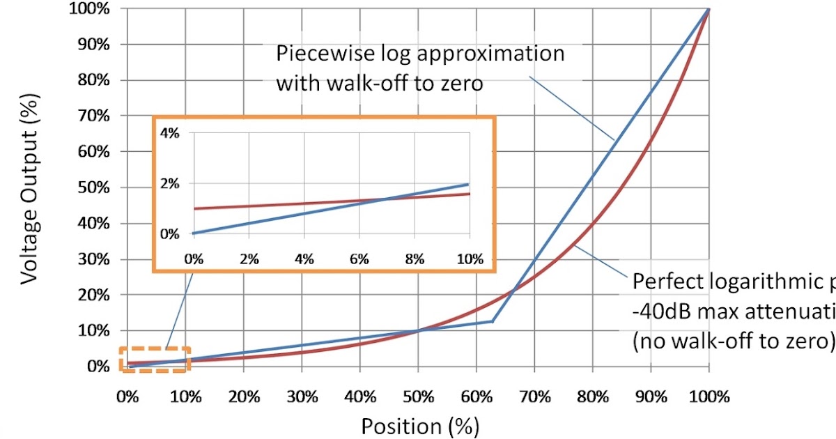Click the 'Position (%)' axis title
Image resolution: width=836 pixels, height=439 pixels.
pyautogui.click(x=420, y=426)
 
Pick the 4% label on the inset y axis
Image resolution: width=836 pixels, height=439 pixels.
pyautogui.click(x=170, y=134)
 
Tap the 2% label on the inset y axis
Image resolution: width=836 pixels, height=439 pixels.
pyautogui.click(x=170, y=184)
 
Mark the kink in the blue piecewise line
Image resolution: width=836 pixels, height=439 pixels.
pyautogui.click(x=493, y=321)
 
